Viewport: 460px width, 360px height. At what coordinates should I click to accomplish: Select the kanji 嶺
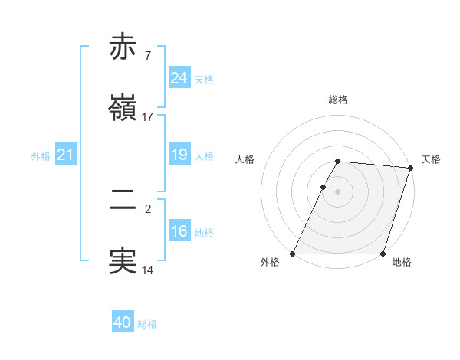coord(123,108)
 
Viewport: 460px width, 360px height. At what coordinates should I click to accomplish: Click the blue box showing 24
coord(179,78)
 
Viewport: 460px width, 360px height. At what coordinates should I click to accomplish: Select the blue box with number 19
coord(179,155)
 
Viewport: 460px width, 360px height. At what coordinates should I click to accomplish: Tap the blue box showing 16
coord(179,232)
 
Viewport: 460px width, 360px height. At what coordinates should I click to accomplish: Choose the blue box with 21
coord(66,155)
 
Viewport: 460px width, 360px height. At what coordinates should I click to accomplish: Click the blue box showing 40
coord(123,323)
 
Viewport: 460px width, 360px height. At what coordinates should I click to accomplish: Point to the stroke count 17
coord(148,117)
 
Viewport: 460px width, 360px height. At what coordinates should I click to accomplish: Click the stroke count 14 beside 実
coord(148,270)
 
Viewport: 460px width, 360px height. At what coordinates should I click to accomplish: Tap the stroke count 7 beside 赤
coord(147,55)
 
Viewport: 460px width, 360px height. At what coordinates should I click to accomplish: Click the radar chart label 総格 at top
coord(338,100)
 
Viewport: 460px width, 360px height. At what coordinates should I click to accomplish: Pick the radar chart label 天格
coord(431,159)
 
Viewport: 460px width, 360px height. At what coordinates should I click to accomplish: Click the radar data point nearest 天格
coord(411,168)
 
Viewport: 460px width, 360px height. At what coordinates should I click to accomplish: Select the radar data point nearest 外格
coord(293,254)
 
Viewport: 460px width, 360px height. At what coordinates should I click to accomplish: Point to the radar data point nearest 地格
coord(383,254)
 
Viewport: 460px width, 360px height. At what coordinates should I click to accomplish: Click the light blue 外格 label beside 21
coord(41,156)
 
